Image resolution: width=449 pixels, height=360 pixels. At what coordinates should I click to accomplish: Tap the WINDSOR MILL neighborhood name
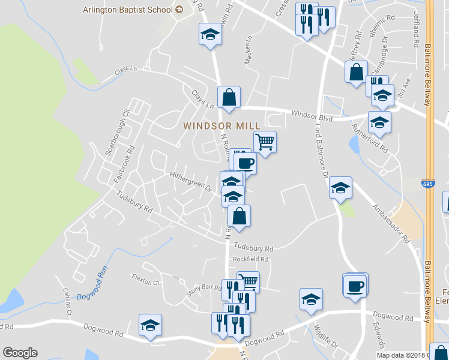[221, 126]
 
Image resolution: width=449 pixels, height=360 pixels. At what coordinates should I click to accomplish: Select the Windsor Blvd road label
[312, 115]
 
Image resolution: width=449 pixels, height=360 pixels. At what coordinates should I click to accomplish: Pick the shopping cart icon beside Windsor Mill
[265, 143]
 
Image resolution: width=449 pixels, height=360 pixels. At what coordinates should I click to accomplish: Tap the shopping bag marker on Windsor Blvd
[229, 97]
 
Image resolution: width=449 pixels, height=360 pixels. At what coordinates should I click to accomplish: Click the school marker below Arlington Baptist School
[211, 35]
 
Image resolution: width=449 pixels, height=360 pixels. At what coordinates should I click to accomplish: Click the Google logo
[20, 353]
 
